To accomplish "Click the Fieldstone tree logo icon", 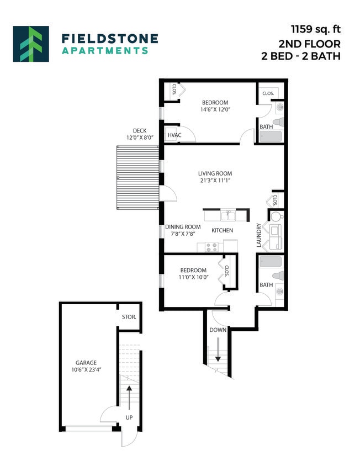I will coord(31,44).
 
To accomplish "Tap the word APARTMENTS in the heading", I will coord(104,50).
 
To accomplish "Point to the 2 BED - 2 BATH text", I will coord(301,56).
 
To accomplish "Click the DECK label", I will coord(139,131).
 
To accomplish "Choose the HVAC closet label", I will coord(174,134).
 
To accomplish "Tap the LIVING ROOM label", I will coord(215,173).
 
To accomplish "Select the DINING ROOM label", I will coord(183,226).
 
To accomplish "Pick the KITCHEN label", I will coord(222,230).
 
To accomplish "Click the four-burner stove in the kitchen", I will coord(212,247).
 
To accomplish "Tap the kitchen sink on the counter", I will coord(227,214).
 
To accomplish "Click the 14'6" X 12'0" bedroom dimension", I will coord(215,110).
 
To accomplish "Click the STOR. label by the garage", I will coord(129,317).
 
